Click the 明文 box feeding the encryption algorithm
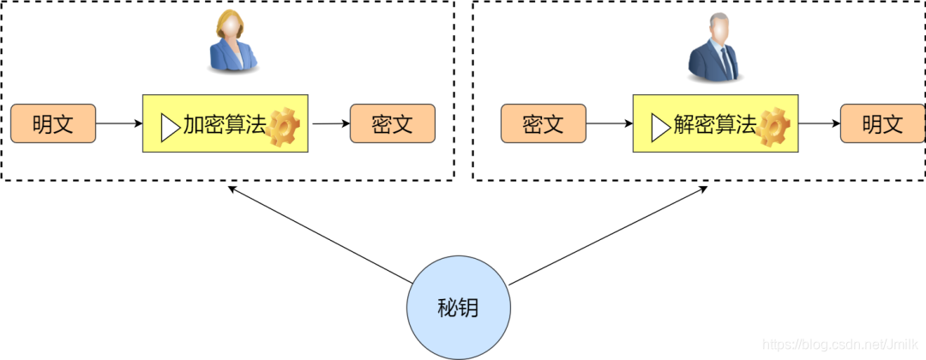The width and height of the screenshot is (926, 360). [x=52, y=123]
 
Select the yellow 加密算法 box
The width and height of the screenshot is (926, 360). [x=225, y=123]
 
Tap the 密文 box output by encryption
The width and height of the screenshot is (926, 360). [x=393, y=123]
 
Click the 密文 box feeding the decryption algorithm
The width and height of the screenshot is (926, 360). [x=543, y=123]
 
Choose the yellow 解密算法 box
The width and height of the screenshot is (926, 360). [x=716, y=123]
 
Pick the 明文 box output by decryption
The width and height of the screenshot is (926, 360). [x=881, y=123]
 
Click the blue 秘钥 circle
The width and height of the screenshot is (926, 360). [x=458, y=308]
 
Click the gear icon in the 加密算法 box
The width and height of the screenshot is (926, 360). [x=283, y=127]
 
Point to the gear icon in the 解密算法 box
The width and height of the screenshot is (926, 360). [x=773, y=127]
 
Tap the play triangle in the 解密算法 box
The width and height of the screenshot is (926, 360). [x=660, y=127]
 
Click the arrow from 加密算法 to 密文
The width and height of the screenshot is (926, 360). [x=330, y=123]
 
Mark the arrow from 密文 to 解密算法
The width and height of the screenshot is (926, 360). [x=609, y=123]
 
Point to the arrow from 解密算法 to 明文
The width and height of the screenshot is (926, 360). [x=819, y=123]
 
